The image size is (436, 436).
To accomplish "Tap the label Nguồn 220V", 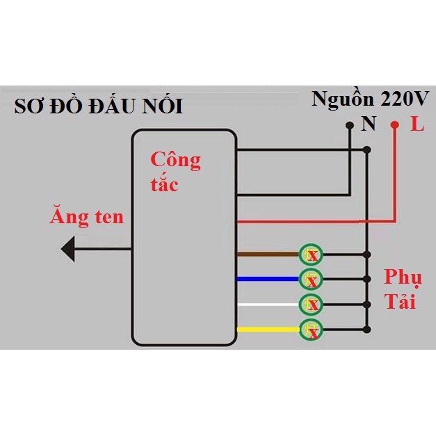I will coord(371,98).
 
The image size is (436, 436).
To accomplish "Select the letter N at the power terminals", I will coord(369,124).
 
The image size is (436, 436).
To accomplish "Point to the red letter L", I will coord(417,125).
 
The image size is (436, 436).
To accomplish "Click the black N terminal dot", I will coord(348,126).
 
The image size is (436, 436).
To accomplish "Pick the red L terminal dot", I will coord(395,126).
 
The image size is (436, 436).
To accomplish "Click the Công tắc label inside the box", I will coord(175,170).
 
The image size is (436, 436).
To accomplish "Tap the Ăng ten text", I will coord(86,217).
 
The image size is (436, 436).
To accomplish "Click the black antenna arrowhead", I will coord(70,248).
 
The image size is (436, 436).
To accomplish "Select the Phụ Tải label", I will coord(403,289).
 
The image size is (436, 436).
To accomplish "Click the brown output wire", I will coord(268,255).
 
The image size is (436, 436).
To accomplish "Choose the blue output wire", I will coord(268,280).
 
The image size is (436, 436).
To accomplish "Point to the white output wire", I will coord(268,305).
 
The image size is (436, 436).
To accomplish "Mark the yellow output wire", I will coord(268,329).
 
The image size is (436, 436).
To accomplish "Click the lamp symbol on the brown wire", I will coord(312,255).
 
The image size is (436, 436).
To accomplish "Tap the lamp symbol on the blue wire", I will coord(312,280).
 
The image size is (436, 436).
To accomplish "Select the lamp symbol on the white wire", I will coord(312,305).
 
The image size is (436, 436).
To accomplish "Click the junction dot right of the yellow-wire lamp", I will coord(367,330).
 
